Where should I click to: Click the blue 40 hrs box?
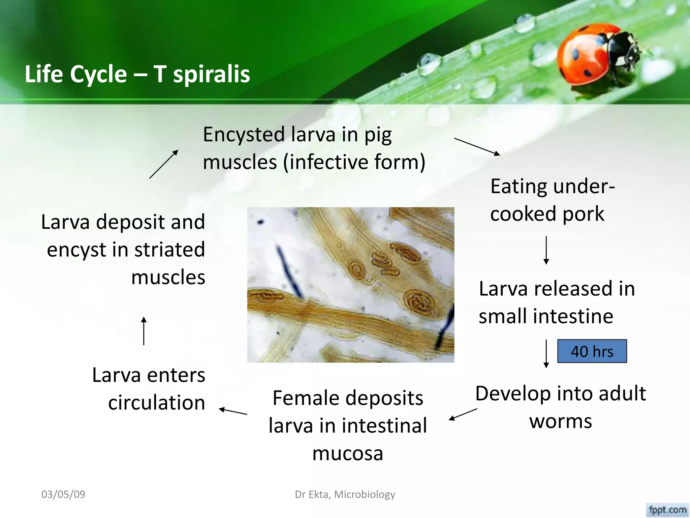592,351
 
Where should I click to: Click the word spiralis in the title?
211,74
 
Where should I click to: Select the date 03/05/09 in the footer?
63,494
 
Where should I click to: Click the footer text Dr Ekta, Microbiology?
345,494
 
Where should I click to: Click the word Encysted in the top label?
244,135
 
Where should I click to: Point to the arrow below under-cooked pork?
546,250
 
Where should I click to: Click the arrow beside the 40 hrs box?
546,353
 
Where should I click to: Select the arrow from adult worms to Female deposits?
463,414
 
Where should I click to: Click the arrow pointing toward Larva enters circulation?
233,411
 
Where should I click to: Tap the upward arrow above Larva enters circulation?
144,331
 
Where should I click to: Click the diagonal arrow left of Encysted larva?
164,164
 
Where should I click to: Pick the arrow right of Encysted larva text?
477,146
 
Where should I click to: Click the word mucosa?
348,454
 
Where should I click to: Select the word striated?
169,250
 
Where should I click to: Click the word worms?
560,421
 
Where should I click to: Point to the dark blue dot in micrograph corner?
260,222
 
